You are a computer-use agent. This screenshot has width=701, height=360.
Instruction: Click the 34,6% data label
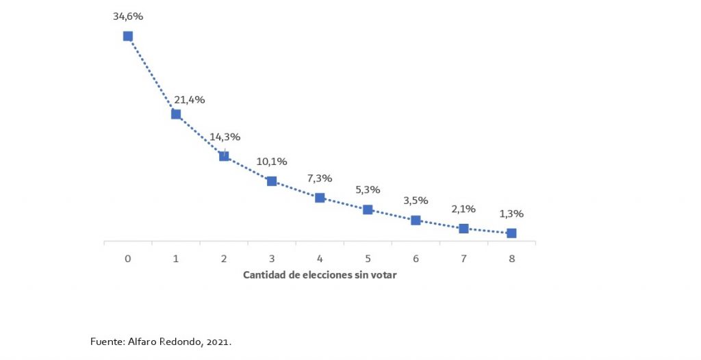coord(128,15)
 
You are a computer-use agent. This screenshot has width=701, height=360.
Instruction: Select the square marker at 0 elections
coord(128,36)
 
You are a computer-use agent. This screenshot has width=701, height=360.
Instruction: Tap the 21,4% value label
coord(190,100)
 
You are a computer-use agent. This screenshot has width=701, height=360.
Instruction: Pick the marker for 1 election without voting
coord(176,114)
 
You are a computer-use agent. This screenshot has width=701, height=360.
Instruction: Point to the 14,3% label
coord(225,137)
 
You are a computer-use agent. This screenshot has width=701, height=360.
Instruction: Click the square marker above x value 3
coord(272,181)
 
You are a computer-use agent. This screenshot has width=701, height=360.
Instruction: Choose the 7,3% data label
coord(320,179)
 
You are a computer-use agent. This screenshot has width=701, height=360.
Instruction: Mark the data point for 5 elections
coord(368,209)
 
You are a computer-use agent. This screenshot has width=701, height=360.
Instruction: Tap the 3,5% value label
coord(416,201)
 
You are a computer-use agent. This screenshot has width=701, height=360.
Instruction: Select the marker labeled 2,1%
coord(463,229)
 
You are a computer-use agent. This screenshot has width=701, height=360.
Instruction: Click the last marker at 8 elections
coord(511,233)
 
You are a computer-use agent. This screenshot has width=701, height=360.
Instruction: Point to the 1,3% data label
coord(511,214)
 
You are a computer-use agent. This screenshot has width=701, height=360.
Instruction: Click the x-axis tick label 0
coord(128,259)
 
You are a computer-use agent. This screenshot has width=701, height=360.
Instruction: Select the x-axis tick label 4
coord(320,259)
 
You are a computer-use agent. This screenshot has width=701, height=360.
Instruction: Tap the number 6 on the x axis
coord(416,259)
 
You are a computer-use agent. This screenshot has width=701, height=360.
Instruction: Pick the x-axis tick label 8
coord(511,259)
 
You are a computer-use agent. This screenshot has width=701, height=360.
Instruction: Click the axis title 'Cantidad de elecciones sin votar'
coord(320,275)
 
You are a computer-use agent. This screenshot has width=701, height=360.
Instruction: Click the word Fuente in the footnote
coord(105,341)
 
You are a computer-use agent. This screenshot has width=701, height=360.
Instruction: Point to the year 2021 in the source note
coord(219,341)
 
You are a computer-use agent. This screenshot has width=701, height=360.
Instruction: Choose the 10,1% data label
coord(272,162)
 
